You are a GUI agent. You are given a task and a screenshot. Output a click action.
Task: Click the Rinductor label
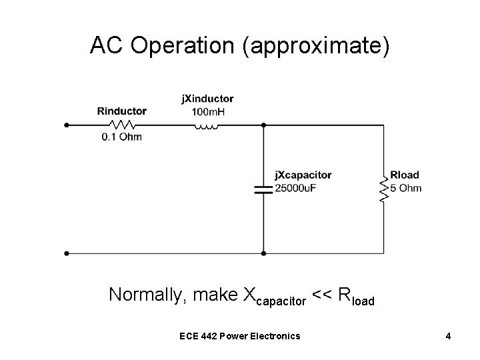pos(121,111)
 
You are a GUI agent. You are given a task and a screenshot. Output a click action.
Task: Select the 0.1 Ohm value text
pos(121,137)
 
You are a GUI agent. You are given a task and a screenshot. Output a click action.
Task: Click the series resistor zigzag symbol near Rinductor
pos(122,124)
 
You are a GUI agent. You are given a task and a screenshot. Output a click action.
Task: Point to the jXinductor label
pos(207,99)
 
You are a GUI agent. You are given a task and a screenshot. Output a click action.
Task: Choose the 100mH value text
pos(207,111)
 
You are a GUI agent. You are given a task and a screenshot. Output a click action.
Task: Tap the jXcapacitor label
pos(303,175)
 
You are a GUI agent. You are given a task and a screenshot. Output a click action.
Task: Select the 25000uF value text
pos(295,187)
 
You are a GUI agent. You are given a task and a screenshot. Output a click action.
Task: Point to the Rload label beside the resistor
pos(405,175)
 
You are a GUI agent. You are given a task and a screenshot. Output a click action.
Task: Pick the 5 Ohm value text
pos(405,187)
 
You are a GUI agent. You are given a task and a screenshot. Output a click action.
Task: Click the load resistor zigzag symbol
pos(383,189)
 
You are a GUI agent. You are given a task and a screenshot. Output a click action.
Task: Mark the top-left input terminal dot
pos(66,124)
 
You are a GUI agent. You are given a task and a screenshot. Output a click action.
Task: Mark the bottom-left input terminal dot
pos(66,253)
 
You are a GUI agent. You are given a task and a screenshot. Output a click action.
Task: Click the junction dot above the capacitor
pos(264,124)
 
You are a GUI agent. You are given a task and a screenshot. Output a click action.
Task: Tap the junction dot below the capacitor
pos(264,253)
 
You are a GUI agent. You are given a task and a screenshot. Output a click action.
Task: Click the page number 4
pos(449,335)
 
